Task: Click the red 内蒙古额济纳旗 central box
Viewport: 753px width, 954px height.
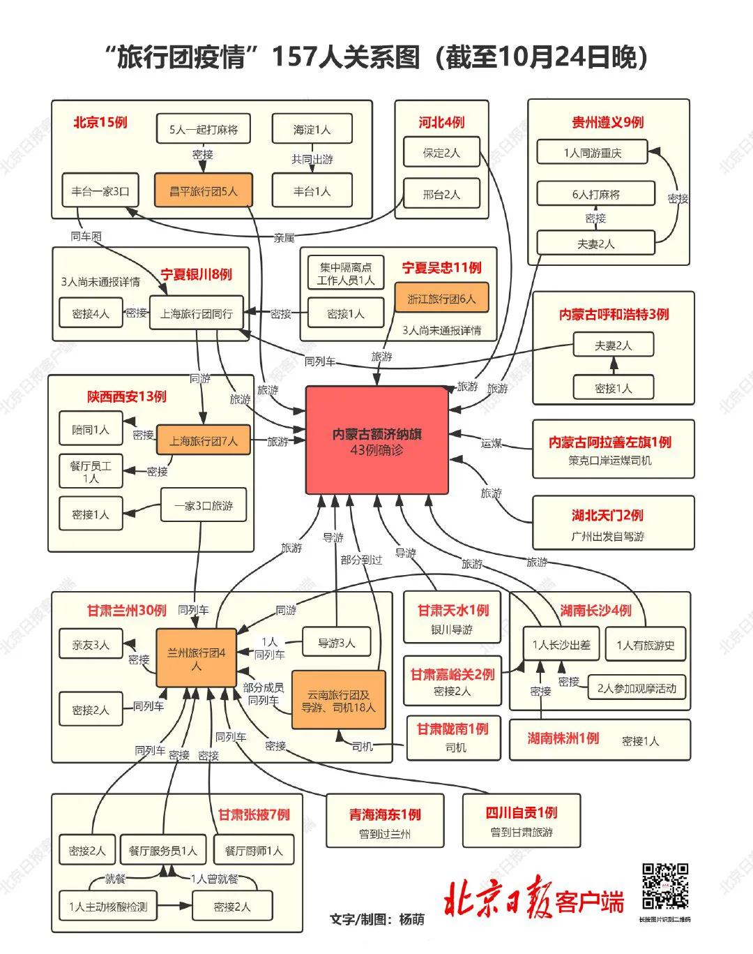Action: (376, 440)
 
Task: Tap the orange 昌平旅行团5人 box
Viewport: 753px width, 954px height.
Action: (204, 191)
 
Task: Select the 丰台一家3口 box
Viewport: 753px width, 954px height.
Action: (100, 191)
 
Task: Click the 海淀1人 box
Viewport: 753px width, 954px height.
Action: (312, 130)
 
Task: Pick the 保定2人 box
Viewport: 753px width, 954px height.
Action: (441, 153)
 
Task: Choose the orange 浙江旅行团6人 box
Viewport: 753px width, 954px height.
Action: (441, 299)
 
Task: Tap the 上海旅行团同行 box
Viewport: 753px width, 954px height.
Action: (197, 313)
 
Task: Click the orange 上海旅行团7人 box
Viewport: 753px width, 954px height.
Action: (203, 441)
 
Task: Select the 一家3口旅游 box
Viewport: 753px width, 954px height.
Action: (204, 505)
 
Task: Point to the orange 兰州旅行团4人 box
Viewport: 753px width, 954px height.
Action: (196, 659)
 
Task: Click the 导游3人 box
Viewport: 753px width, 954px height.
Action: (337, 643)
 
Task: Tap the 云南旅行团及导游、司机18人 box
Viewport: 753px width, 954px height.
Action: (338, 701)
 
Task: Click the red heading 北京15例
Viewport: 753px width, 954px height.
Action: (100, 122)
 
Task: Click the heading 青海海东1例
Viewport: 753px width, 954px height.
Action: (385, 814)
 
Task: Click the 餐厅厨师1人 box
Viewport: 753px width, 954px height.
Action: (254, 851)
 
